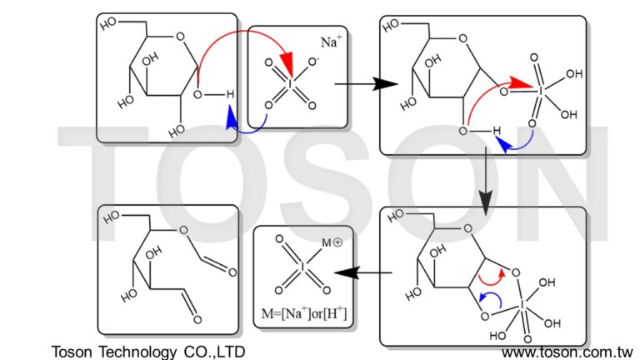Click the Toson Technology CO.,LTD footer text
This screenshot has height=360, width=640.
coord(148,352)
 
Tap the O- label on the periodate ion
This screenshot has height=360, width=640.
coord(314,62)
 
